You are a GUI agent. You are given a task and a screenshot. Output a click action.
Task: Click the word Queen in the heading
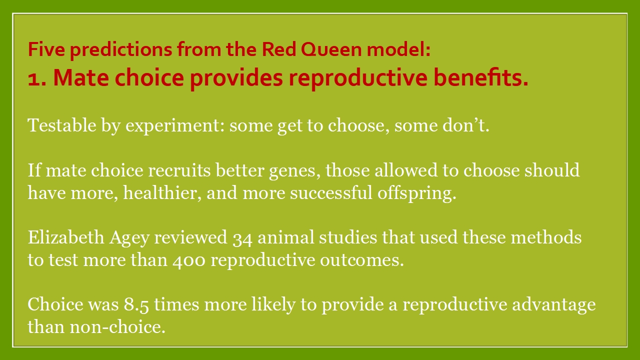tap(331, 49)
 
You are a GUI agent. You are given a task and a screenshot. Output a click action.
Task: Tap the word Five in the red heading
tap(46, 49)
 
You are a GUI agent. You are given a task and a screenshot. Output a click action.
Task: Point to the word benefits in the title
tap(481, 77)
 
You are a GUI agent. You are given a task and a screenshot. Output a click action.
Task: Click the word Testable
tap(62, 125)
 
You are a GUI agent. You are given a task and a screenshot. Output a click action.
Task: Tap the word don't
tap(466, 125)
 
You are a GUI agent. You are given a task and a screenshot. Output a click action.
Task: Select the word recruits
tap(179, 170)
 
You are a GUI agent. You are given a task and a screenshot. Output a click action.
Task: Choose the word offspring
tap(417, 193)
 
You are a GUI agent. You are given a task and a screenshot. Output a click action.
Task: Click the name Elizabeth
tap(66, 237)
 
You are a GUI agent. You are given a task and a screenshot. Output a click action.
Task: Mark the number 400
tap(189, 261)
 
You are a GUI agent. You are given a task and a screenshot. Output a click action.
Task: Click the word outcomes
tap(362, 260)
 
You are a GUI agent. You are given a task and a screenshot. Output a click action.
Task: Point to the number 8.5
tap(136, 305)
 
